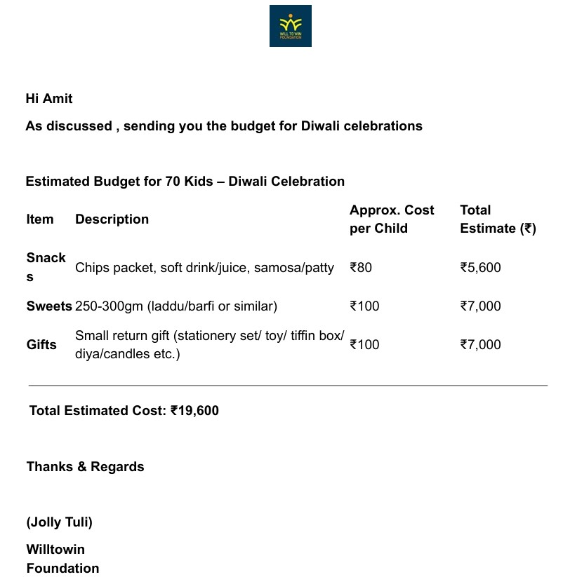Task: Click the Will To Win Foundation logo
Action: (x=290, y=26)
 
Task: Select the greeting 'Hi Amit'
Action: (x=49, y=99)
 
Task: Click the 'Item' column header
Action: (x=40, y=219)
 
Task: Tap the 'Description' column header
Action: (x=112, y=219)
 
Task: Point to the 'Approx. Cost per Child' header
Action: (x=392, y=219)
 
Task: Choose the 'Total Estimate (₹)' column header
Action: (x=498, y=219)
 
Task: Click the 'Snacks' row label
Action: (x=46, y=267)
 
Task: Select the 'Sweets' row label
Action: (x=49, y=306)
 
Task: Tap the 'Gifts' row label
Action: (x=41, y=345)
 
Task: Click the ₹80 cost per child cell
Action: (x=361, y=268)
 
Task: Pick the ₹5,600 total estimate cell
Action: (x=480, y=268)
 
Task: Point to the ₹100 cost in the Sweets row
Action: (x=364, y=306)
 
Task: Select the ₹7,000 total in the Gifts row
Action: (x=480, y=345)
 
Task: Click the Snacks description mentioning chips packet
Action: (x=204, y=268)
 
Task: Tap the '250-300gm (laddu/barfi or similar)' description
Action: (x=176, y=306)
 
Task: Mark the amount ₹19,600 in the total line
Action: (x=194, y=411)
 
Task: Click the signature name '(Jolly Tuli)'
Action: (x=60, y=522)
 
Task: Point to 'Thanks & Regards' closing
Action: (x=85, y=467)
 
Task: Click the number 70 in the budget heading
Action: (x=173, y=182)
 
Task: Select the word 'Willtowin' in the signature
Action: (x=55, y=550)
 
